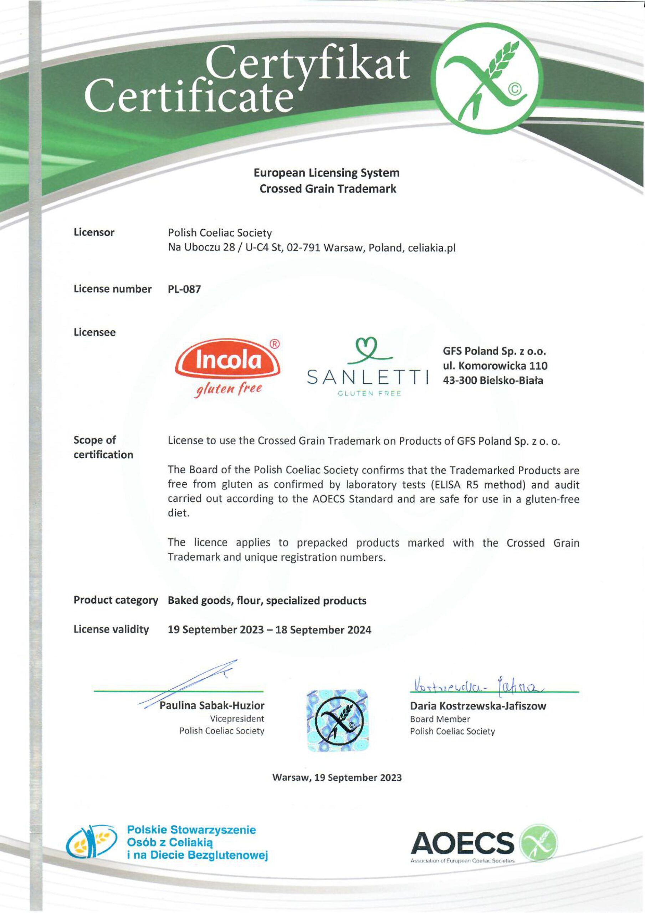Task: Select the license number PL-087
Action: click(x=184, y=289)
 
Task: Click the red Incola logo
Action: click(x=228, y=361)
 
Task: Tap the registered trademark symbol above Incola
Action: click(x=275, y=344)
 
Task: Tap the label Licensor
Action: click(x=94, y=233)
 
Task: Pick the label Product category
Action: click(x=116, y=601)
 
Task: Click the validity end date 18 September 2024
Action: click(x=323, y=630)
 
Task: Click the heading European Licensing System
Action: click(x=327, y=173)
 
